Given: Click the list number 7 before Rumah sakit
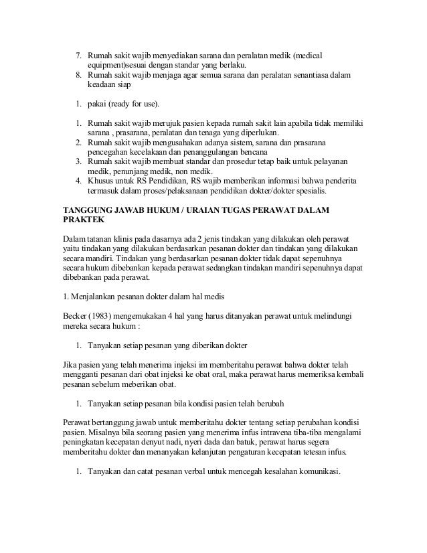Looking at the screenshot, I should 76,54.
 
